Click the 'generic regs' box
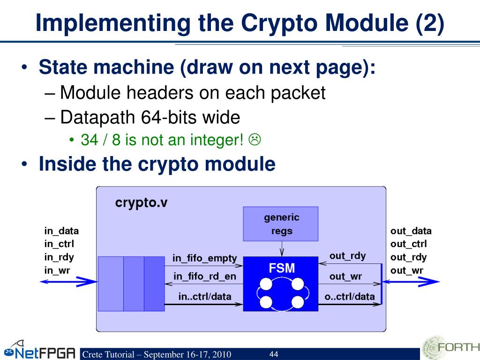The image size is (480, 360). tap(281, 224)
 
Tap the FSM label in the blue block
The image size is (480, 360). tap(282, 269)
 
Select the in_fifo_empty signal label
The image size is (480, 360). tap(204, 258)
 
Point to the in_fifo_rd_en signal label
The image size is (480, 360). tap(204, 277)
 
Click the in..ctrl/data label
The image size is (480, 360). tap(204, 296)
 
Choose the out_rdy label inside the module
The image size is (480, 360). tap(347, 256)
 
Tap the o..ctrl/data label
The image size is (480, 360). tap(350, 296)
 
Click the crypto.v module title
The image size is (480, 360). tap(141, 203)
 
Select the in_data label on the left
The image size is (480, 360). tap(61, 231)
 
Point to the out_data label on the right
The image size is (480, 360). tap(411, 231)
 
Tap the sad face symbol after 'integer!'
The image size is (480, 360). tap(255, 139)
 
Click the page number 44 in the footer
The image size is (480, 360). tap(274, 354)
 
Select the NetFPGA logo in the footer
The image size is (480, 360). tap(40, 352)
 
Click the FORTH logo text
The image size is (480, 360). tap(458, 347)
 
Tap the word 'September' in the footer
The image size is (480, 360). tap(165, 354)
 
